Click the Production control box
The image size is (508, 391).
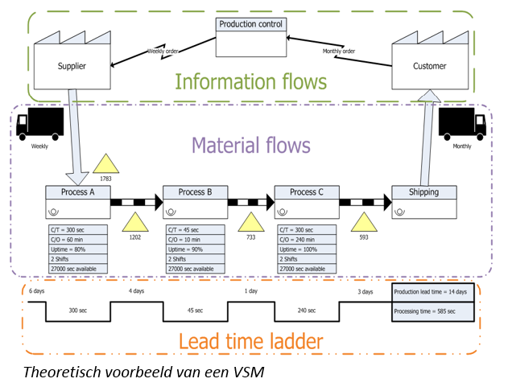tap(251, 36)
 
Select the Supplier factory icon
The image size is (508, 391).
tap(71, 57)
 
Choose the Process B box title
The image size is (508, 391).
tap(195, 192)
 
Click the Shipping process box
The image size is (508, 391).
tap(423, 202)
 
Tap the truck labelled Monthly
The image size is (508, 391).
tap(462, 124)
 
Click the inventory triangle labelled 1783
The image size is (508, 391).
tap(105, 166)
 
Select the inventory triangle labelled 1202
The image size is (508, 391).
tap(134, 223)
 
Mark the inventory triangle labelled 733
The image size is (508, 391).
tap(250, 223)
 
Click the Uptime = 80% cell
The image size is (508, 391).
tap(77, 249)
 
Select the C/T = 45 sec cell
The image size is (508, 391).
tap(194, 230)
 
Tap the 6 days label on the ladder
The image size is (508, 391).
tap(37, 290)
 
